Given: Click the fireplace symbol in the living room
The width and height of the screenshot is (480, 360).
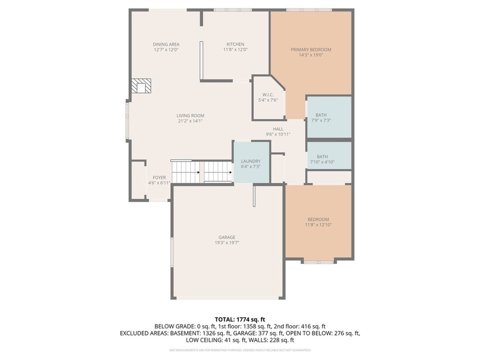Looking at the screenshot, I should coord(141,86).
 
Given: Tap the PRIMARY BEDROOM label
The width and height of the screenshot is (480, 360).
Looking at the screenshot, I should coord(311,50).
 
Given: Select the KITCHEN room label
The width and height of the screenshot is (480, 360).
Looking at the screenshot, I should coord(235,45).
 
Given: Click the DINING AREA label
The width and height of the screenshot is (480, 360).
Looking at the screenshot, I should coord(166,45).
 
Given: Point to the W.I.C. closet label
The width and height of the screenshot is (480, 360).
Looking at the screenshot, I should coord(268,95).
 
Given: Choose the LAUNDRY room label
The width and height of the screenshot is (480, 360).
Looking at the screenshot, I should coord(250,161).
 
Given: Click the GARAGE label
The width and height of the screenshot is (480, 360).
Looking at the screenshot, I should coord(227,237).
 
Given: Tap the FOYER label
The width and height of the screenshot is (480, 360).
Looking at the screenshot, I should coord(159,178).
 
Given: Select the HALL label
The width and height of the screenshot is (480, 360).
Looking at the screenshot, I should coord(278,129).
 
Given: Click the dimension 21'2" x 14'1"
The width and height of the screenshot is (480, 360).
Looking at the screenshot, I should coord(190,121).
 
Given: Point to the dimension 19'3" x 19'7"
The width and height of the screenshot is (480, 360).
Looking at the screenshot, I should coord(227,243).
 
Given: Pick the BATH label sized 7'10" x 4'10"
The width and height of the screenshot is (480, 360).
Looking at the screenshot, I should coord(322,157).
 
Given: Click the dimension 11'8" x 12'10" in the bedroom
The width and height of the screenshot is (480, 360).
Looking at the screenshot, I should coord(318,225).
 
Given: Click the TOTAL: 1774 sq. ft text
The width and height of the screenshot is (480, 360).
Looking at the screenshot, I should coord(240,319).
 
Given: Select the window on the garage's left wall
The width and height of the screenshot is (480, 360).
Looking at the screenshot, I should coord(171,252).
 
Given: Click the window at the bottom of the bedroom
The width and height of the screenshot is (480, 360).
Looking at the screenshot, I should coord(318,262).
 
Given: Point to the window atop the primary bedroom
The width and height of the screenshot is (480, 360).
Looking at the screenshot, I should coord(302,10).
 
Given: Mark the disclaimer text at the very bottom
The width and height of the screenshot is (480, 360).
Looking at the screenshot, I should coord(240,349).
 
